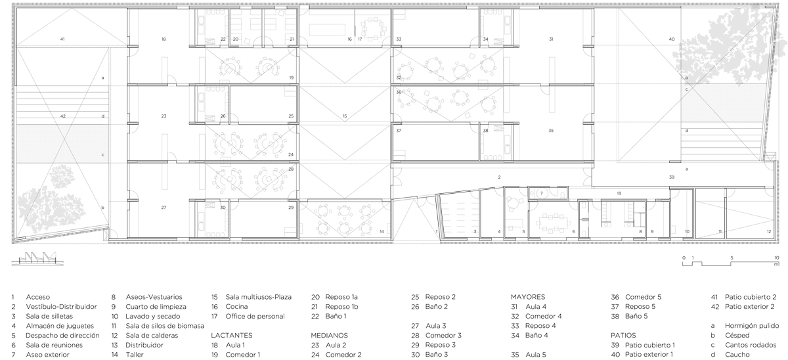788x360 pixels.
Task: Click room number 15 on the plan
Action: (x=345, y=116)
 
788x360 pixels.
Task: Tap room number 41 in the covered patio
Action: (x=62, y=39)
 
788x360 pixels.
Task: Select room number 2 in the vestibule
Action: (x=499, y=177)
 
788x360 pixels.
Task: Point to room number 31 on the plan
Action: (x=551, y=39)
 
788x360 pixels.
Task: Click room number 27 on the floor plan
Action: (x=164, y=208)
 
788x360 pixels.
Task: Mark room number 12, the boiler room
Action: (x=769, y=231)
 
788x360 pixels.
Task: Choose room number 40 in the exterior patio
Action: (x=672, y=39)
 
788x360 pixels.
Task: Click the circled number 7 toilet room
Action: (x=542, y=193)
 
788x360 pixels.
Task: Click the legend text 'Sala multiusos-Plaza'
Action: (x=259, y=297)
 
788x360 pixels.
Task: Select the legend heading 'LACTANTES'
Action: (x=231, y=336)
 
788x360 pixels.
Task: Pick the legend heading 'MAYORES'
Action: (x=528, y=297)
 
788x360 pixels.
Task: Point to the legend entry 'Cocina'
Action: (x=236, y=307)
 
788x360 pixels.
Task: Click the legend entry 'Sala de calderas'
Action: (x=152, y=336)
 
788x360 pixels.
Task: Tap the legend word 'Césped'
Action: (x=737, y=336)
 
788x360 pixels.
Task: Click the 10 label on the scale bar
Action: (x=776, y=258)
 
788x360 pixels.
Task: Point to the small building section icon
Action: (x=37, y=259)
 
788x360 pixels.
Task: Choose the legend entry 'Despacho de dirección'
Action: (x=62, y=336)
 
